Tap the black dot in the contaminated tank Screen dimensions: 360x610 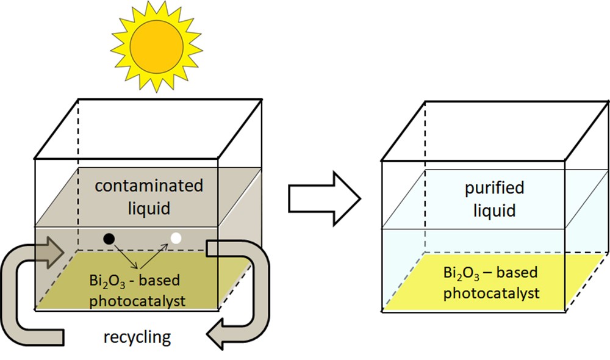[x=109, y=237]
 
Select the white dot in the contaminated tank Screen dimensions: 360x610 [x=176, y=238]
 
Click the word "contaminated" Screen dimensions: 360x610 [x=149, y=185]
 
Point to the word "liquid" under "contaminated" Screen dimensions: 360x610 [x=149, y=209]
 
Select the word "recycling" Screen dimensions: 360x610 [x=137, y=336]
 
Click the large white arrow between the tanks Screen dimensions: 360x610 [x=324, y=196]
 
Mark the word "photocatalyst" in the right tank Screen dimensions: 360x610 [x=491, y=293]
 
